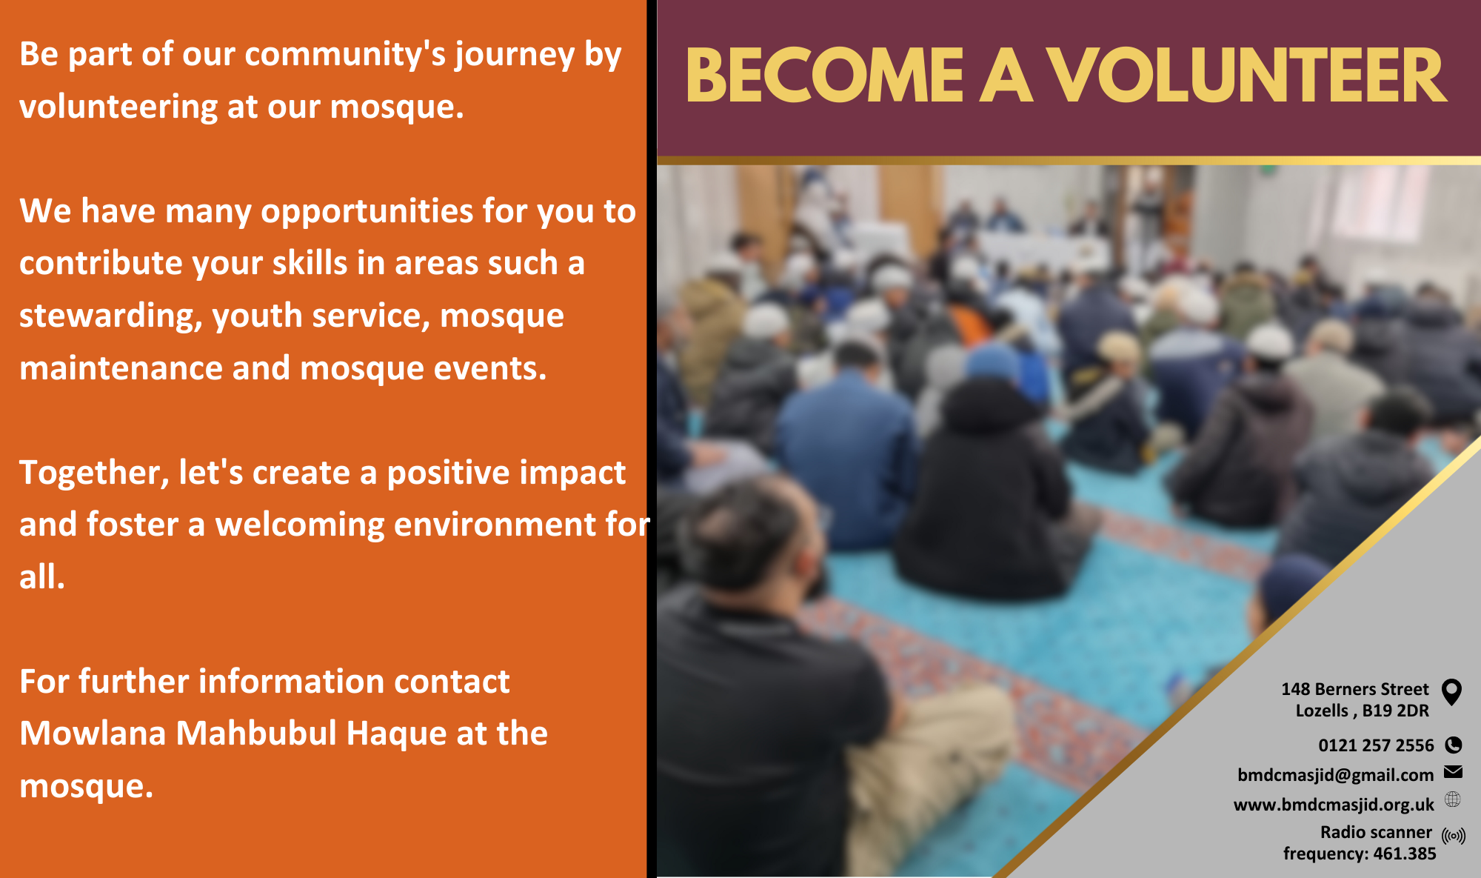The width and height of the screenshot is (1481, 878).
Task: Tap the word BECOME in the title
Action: point(825,76)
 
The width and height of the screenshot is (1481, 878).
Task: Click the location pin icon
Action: point(1452,692)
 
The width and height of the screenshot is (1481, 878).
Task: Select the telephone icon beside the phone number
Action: point(1454,745)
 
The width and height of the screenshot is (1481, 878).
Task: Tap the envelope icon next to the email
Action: point(1453,772)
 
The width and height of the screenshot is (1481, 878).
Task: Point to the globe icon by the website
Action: point(1453,799)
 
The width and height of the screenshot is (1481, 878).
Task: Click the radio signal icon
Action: point(1454,836)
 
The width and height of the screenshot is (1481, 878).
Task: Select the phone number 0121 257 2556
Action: point(1376,745)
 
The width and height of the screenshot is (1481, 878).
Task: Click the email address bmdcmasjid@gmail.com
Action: point(1336,775)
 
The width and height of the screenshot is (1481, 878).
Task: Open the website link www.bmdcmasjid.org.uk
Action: point(1334,805)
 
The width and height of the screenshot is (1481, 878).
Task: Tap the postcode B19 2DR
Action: point(1395,711)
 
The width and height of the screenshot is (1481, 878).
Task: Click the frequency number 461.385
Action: point(1405,854)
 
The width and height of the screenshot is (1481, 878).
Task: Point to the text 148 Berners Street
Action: point(1355,689)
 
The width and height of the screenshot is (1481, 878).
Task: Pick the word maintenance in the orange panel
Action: point(121,368)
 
